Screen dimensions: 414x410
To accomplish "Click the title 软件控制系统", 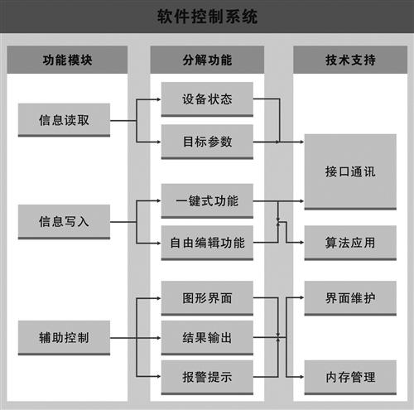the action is (x=207, y=17).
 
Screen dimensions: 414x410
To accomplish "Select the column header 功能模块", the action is (x=67, y=60).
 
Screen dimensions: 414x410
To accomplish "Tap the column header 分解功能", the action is (x=207, y=60).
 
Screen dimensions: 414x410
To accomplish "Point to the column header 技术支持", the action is (x=350, y=60).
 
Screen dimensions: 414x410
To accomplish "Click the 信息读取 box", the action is (x=64, y=120).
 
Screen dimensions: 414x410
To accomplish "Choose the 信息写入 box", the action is (x=64, y=222).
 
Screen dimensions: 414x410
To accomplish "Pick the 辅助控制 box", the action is (x=64, y=338).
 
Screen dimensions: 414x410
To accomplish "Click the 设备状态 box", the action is (x=207, y=99).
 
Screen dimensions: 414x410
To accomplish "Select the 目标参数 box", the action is (x=207, y=142).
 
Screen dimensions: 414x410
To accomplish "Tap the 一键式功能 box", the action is (x=207, y=201).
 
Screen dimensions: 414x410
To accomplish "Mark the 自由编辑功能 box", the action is (x=207, y=243).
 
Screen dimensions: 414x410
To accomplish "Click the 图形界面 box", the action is (x=207, y=298).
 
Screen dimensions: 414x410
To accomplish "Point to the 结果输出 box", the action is (x=207, y=338).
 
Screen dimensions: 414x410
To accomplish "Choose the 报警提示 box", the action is (x=207, y=377).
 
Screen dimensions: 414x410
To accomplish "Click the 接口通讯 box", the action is (x=350, y=171).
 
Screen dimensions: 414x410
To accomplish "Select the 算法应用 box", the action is (x=350, y=243).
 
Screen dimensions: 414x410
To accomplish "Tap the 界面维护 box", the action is (x=350, y=298).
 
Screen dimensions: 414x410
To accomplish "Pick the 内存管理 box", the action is (x=350, y=377).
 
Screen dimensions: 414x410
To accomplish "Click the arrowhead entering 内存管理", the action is (x=302, y=377).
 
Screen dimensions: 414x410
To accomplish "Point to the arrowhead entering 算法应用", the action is (x=302, y=243).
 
